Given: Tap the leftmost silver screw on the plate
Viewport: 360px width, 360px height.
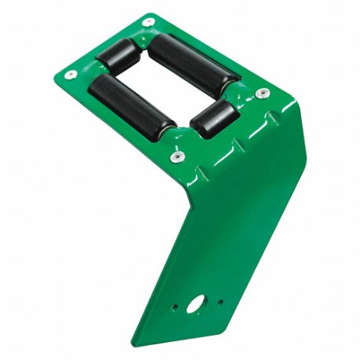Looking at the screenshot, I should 71,74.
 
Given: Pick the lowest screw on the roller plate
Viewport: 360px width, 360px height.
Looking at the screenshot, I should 177,157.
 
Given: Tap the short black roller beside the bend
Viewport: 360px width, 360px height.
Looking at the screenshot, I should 213,116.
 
